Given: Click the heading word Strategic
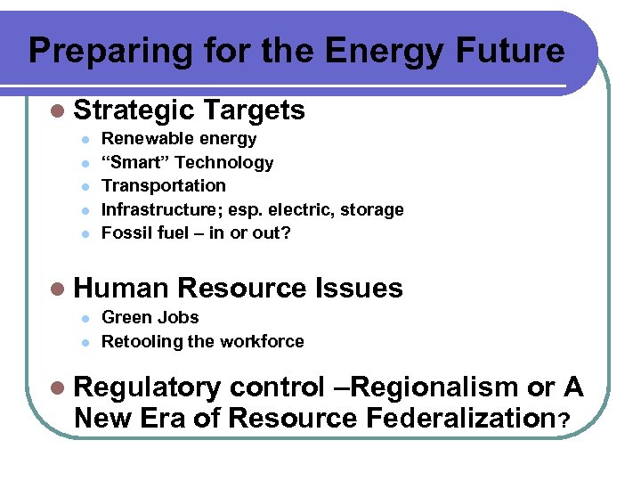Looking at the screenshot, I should [134, 110].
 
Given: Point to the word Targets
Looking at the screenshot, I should [254, 110].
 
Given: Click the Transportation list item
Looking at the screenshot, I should [164, 186].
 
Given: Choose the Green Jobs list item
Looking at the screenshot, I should [150, 318].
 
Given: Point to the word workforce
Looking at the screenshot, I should [265, 341].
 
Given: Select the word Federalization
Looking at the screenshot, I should [451, 417].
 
